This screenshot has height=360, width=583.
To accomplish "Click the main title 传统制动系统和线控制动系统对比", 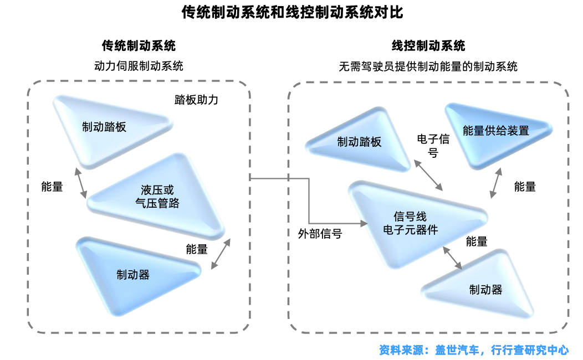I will coord(292,12).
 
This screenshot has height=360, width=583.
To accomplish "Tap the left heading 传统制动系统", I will coord(139,45).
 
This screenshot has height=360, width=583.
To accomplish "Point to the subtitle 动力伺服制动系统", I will coord(139,66).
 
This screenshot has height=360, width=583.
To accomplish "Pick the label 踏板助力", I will coord(197,100).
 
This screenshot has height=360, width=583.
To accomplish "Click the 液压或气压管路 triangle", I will coord(157,197).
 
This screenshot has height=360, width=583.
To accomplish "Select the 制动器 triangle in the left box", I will coord(133,275).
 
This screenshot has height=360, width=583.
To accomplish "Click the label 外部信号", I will coord(319,234).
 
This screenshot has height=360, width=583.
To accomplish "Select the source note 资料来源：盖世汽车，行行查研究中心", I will coord(474,350).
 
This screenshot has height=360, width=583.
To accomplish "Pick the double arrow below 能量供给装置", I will coord(495,183).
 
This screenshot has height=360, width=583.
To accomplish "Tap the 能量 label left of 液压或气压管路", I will coord(52,187).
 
